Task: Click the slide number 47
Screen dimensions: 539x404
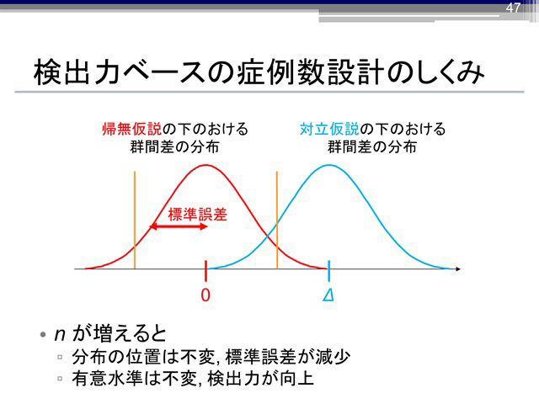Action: pos(513,8)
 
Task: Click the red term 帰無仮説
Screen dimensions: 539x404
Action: pos(131,129)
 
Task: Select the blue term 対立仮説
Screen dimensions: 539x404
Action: pos(329,129)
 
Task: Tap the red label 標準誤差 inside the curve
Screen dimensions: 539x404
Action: pos(198,215)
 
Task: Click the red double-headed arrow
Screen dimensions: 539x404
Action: pos(179,226)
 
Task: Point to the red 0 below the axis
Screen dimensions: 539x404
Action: pos(205,295)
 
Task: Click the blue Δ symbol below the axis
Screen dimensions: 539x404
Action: pos(328,295)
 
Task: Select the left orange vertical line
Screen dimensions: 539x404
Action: pos(135,221)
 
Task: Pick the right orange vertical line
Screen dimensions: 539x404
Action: pos(277,221)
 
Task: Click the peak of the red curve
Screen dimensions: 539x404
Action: pos(205,165)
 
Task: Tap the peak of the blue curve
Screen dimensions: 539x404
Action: pos(329,165)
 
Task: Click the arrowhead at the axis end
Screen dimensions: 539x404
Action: pos(458,268)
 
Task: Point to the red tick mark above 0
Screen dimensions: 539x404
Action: pos(205,271)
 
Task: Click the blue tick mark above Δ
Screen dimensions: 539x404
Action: pos(329,271)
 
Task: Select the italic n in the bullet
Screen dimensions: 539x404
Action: pos(60,335)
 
